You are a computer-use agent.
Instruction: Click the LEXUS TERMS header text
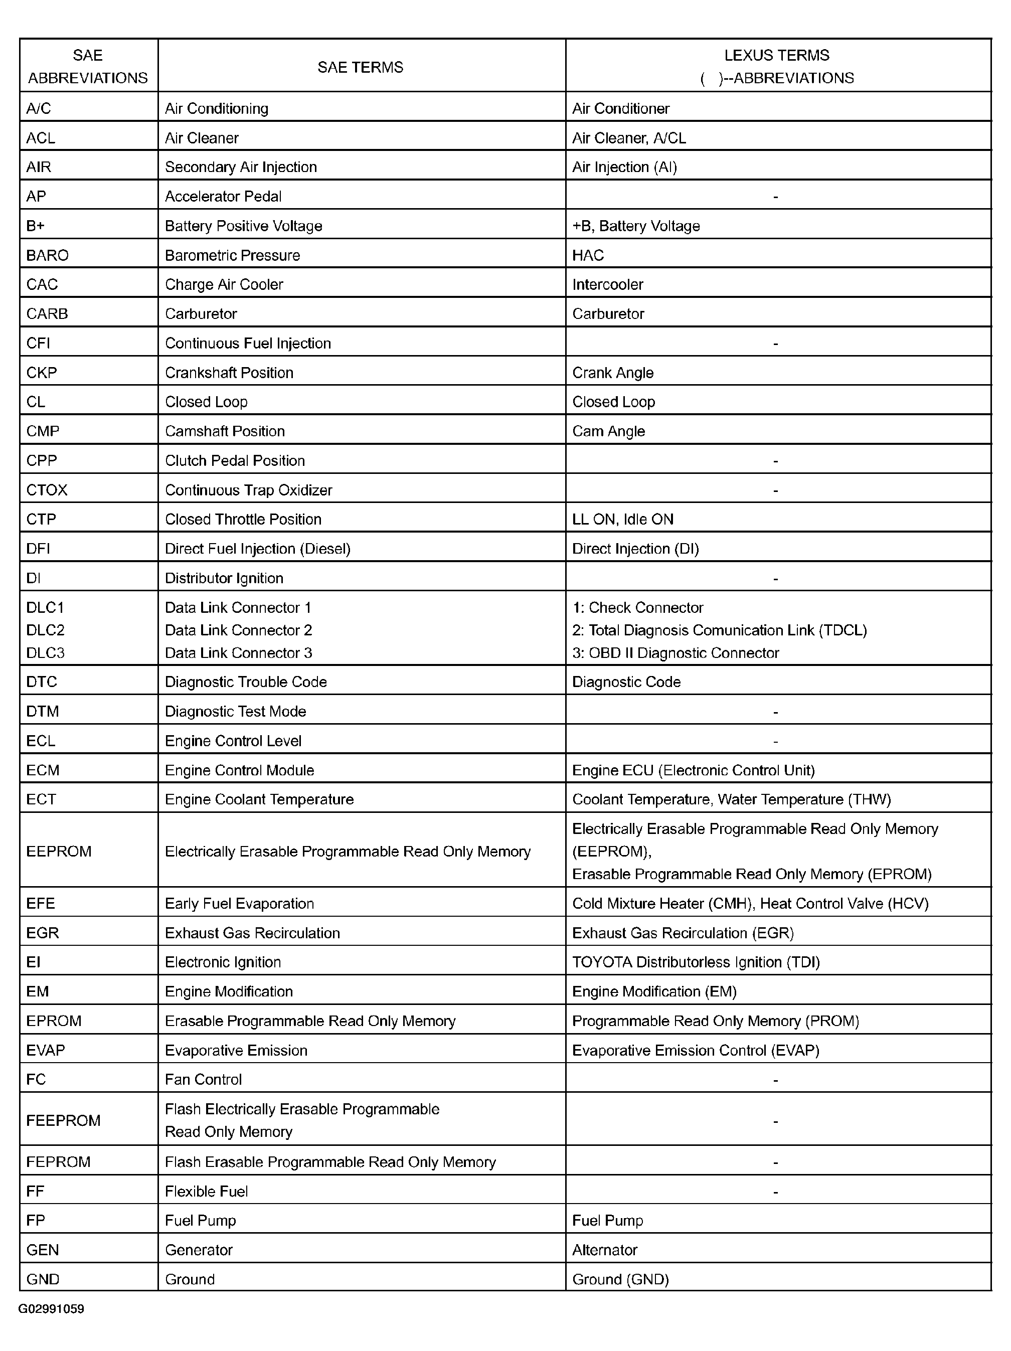click(776, 56)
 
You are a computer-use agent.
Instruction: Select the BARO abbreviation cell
click(48, 255)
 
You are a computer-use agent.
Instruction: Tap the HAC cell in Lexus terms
click(588, 255)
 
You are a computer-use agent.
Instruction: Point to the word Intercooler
click(607, 285)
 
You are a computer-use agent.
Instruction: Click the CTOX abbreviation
click(47, 490)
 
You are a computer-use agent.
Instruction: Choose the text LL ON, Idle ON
click(622, 519)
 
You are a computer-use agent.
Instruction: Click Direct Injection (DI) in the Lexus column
click(635, 549)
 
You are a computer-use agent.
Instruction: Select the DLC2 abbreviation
click(45, 630)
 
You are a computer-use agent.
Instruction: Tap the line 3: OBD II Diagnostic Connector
click(675, 653)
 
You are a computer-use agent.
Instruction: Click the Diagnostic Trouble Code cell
click(246, 682)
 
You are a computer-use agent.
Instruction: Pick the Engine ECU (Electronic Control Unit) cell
click(694, 770)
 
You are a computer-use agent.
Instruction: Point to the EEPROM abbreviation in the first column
click(59, 852)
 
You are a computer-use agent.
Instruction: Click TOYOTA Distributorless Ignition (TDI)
click(696, 962)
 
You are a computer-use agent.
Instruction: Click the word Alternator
click(604, 1250)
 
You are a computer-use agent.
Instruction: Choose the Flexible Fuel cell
click(207, 1191)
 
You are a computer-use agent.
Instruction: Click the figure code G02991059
click(51, 1308)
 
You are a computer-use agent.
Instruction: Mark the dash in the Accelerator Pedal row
click(775, 197)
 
